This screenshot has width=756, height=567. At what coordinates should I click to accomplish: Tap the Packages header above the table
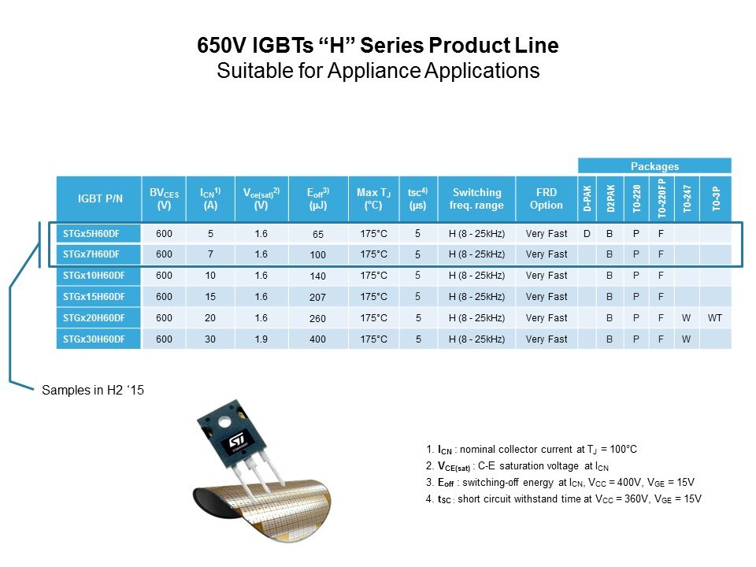(x=654, y=166)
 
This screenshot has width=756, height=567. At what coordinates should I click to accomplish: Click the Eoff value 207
(x=317, y=297)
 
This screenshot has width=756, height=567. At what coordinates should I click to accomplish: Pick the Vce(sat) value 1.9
(x=261, y=339)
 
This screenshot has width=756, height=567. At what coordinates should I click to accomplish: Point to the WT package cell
(x=715, y=317)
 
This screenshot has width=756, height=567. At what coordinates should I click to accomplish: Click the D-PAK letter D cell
(x=587, y=234)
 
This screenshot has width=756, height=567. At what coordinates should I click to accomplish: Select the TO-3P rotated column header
(x=716, y=198)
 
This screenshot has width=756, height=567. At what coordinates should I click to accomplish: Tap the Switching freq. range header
(x=476, y=198)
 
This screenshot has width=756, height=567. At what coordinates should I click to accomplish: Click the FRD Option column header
(x=547, y=198)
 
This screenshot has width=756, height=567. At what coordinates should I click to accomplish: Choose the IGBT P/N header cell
(x=100, y=198)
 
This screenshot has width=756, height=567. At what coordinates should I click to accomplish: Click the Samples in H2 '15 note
(x=93, y=390)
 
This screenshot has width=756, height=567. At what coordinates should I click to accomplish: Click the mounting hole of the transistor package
(x=224, y=423)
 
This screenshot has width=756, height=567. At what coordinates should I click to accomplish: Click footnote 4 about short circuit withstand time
(x=564, y=499)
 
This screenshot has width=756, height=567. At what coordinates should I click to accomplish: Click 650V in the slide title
(x=222, y=46)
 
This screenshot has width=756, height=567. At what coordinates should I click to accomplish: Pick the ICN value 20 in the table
(x=210, y=317)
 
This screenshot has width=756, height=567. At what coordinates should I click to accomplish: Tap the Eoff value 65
(x=317, y=234)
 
